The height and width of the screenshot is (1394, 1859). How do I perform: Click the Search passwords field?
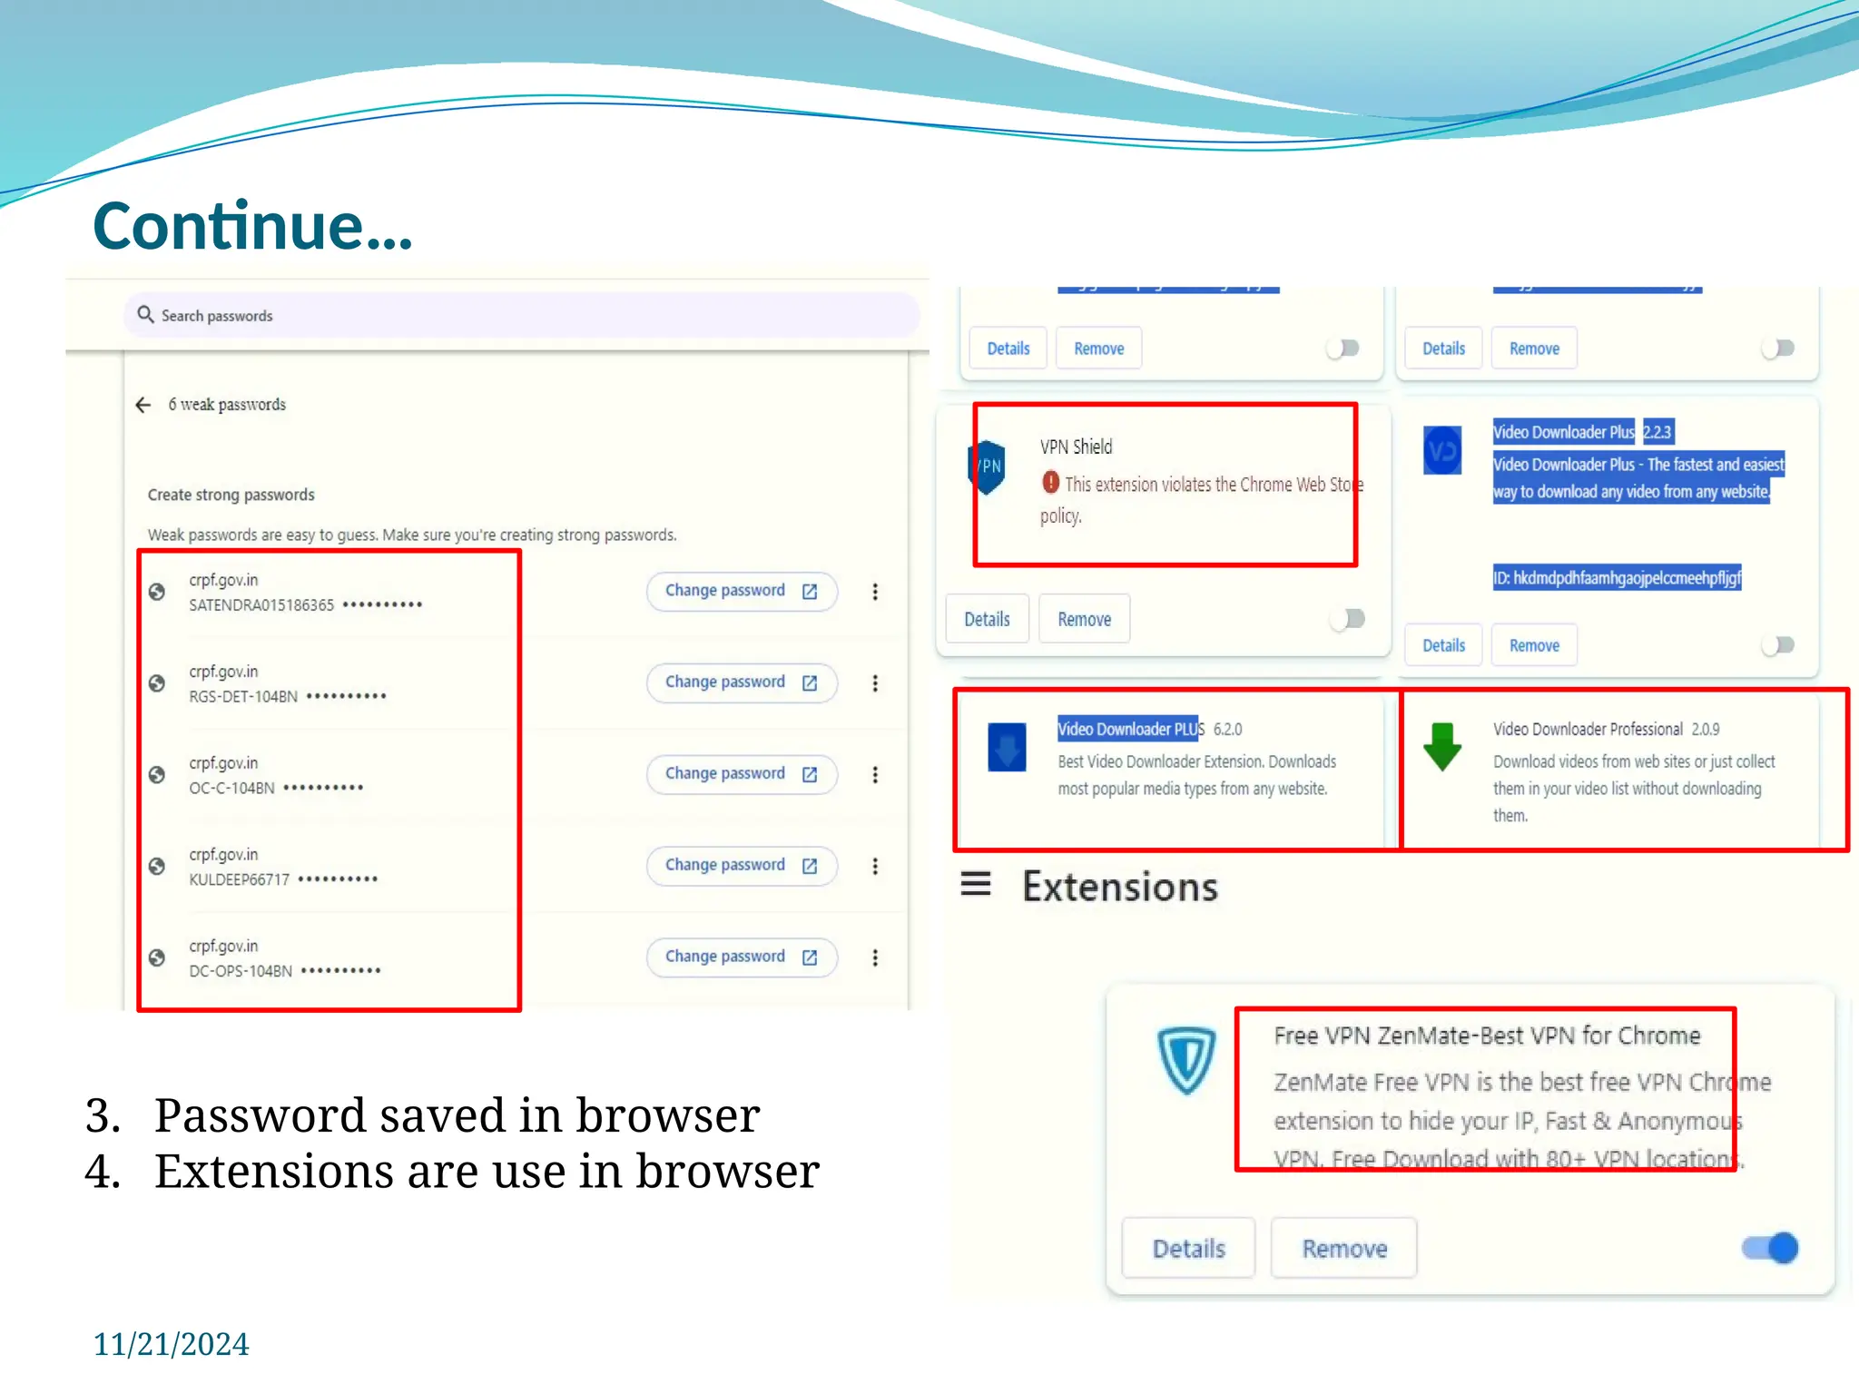pyautogui.click(x=521, y=316)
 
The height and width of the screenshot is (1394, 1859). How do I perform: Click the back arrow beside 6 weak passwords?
pyautogui.click(x=143, y=405)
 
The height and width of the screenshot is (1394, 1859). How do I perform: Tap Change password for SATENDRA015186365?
pyautogui.click(x=741, y=592)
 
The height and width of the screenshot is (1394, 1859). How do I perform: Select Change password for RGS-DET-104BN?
pyautogui.click(x=741, y=682)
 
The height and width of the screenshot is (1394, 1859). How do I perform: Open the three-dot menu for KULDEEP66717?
pyautogui.click(x=875, y=866)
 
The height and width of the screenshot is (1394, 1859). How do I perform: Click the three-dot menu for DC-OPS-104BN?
pyautogui.click(x=875, y=957)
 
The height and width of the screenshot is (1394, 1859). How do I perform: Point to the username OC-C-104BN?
pyautogui.click(x=231, y=788)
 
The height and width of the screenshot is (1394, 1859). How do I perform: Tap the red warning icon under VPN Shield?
pyautogui.click(x=1051, y=483)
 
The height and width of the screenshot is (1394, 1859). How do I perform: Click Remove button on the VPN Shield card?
pyautogui.click(x=1084, y=619)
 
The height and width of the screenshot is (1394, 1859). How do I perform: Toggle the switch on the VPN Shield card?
pyautogui.click(x=1348, y=619)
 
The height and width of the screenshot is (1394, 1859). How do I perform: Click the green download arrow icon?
pyautogui.click(x=1442, y=746)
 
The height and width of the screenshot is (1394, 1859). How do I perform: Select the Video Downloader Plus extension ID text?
pyautogui.click(x=1617, y=578)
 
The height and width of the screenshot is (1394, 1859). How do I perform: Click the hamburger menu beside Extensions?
pyautogui.click(x=976, y=884)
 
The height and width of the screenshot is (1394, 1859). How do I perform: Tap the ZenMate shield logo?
pyautogui.click(x=1186, y=1060)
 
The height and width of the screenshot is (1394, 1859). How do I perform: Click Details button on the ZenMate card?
pyautogui.click(x=1188, y=1249)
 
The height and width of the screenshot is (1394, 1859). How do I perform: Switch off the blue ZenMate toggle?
pyautogui.click(x=1770, y=1248)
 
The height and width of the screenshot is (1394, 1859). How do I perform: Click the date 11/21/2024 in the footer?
pyautogui.click(x=171, y=1344)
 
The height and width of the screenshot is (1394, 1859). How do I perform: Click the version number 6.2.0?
pyautogui.click(x=1227, y=730)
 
